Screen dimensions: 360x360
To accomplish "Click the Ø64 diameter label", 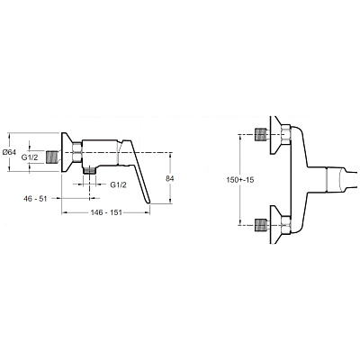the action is coord(9,152).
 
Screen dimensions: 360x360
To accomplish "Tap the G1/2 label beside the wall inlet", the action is coord(30,157).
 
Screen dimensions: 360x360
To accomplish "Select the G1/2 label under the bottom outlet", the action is coord(118,184).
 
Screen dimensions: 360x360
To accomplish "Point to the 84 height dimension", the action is coord(170,178).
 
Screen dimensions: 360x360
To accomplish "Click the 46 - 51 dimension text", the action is coord(35,198).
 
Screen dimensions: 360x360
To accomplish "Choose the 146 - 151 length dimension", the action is coord(106,212).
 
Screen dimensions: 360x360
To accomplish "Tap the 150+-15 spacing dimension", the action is coord(240,180).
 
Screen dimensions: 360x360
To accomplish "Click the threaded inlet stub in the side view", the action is coord(51,157).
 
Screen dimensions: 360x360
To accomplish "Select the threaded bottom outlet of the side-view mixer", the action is coord(89,171).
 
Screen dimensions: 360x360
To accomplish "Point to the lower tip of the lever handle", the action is coord(149,203).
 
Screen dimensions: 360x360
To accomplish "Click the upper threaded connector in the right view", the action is coord(260,134).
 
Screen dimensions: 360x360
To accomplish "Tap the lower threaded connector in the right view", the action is coord(260,226).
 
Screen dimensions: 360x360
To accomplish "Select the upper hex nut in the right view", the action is coord(286,134).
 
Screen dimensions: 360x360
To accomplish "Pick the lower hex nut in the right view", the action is coord(286,226).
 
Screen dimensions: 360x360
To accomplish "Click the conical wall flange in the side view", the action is coord(67,152).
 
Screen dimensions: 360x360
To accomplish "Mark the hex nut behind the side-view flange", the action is coord(77,152).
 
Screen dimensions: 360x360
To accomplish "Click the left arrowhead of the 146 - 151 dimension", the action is coord(64,212).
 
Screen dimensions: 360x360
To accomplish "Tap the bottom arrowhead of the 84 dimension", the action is coord(170,202).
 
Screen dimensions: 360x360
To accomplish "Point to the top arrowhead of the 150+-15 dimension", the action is coord(240,137).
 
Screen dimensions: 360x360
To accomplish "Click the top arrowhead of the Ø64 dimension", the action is coord(9,135).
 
